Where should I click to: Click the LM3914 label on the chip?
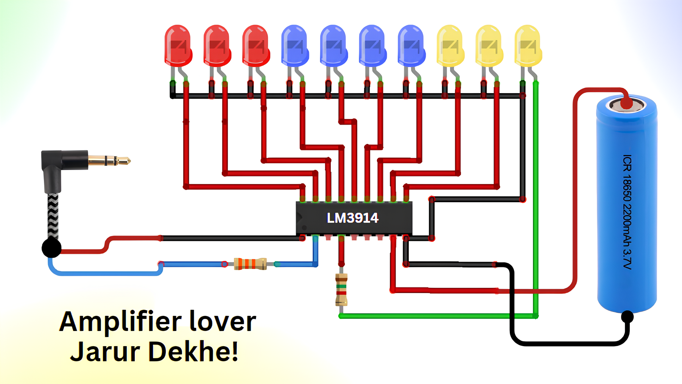click(352, 218)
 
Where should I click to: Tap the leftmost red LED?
click(178, 45)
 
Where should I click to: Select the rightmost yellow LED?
click(528, 45)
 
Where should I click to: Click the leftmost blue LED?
click(294, 45)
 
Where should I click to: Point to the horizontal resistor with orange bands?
click(250, 264)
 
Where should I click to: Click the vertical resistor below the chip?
click(341, 290)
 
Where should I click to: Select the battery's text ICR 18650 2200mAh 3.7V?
click(627, 212)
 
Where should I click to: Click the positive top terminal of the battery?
click(626, 103)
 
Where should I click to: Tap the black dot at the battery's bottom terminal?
click(627, 316)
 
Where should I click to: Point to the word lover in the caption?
click(223, 322)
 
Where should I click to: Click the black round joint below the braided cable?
click(51, 248)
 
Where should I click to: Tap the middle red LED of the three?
click(216, 45)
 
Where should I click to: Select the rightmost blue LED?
click(411, 45)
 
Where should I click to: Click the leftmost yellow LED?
click(450, 45)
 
